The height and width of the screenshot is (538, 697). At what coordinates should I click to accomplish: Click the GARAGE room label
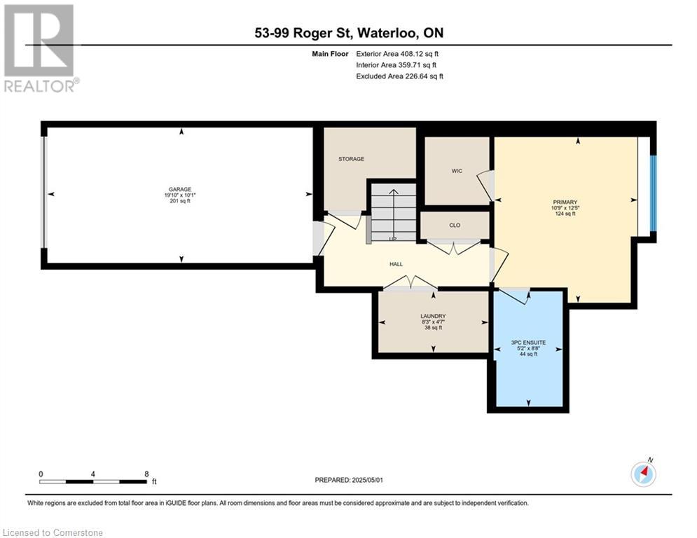tap(178, 188)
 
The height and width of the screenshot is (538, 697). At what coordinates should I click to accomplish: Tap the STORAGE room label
tap(351, 159)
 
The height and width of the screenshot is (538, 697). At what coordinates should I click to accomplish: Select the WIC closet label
tap(457, 171)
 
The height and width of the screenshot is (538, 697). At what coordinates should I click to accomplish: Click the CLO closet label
tap(454, 226)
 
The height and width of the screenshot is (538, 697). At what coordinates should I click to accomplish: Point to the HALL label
tap(396, 264)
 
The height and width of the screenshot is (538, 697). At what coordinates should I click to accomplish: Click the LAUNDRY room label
tap(433, 316)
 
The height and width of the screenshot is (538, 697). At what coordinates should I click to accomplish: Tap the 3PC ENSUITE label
tap(528, 343)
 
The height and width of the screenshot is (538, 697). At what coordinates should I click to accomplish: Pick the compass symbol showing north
tap(642, 474)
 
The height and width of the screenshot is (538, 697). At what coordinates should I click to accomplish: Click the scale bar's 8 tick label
tap(146, 474)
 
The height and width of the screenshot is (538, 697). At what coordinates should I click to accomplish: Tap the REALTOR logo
tap(39, 48)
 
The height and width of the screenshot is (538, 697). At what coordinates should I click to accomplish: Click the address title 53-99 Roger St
tap(348, 33)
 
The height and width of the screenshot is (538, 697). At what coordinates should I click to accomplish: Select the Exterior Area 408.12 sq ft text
tap(397, 53)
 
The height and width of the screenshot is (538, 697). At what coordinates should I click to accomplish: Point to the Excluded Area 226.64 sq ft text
tap(399, 76)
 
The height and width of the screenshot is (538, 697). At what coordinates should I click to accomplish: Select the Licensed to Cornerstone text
tap(53, 532)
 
